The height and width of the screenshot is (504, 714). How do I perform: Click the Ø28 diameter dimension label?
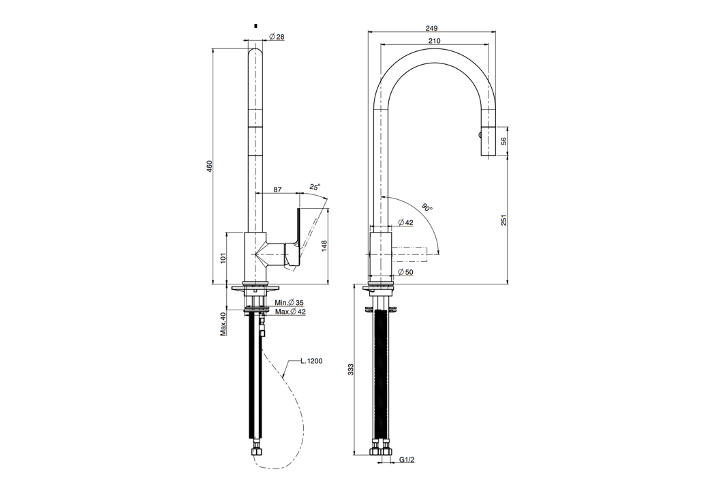coord(277,37)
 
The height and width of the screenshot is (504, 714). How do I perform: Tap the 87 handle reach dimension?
coord(277,190)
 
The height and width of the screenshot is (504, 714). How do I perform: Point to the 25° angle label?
coord(313,186)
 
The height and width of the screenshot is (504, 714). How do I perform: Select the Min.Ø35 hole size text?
coord(290,302)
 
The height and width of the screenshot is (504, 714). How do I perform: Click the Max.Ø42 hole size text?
coord(290,312)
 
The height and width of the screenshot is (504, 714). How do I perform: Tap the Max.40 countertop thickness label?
coord(223,324)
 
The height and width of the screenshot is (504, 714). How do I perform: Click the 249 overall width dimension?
coord(431,29)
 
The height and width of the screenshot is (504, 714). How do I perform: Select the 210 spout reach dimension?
coord(434,41)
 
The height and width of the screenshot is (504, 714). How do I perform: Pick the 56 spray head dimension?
coord(503,140)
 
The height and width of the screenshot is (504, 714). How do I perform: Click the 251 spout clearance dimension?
coord(503,220)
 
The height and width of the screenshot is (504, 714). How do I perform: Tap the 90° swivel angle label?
coord(427,208)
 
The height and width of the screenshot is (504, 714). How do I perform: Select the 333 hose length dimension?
coord(351,369)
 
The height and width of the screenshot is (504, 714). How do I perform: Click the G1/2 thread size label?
coord(407,460)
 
